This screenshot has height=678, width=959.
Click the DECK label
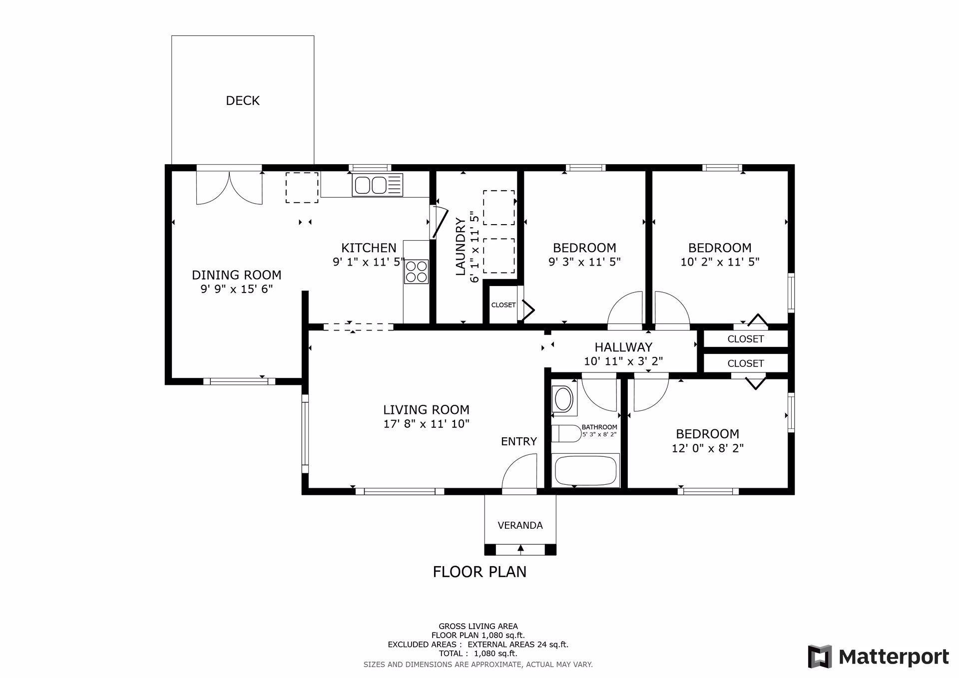click(243, 101)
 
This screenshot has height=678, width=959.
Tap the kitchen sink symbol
click(377, 185)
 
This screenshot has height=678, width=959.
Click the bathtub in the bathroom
click(585, 470)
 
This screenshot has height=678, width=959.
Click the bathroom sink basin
click(564, 399)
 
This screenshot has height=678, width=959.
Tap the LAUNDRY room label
click(461, 247)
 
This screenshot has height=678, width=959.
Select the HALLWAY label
click(623, 347)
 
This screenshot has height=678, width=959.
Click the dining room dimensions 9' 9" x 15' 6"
click(237, 289)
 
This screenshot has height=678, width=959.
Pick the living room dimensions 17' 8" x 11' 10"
click(426, 424)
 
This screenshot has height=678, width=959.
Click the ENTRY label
click(519, 441)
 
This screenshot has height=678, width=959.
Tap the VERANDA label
click(520, 525)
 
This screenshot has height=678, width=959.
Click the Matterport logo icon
click(820, 657)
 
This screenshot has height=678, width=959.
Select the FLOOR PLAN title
click(479, 572)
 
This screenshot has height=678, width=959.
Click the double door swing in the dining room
click(229, 188)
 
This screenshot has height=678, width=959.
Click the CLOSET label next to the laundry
click(503, 305)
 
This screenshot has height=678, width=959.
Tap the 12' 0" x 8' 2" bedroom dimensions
click(708, 448)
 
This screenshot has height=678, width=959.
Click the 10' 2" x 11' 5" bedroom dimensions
click(720, 262)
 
